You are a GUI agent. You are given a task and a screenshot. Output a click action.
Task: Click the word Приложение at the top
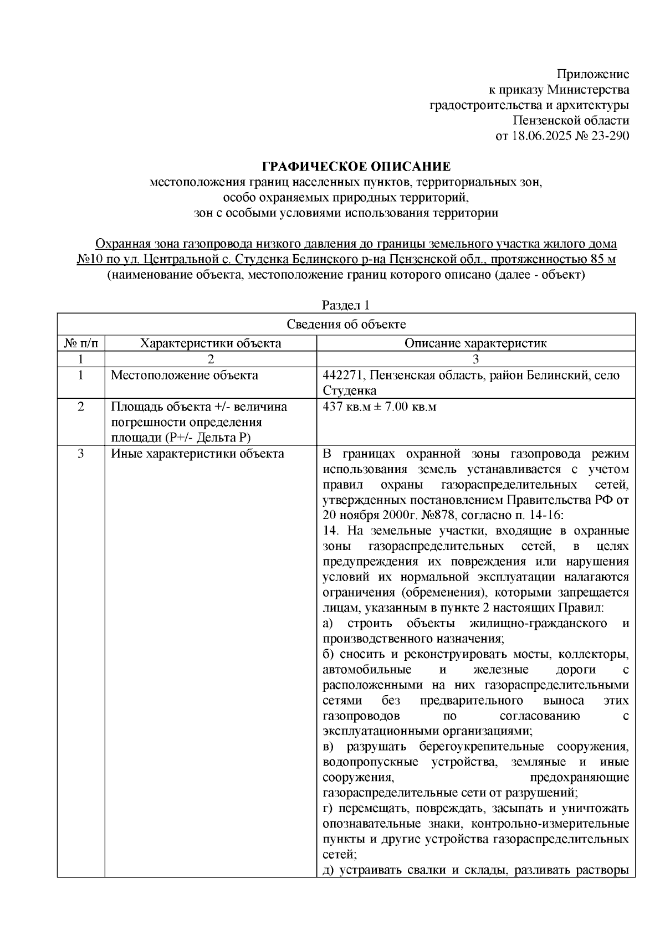(592, 74)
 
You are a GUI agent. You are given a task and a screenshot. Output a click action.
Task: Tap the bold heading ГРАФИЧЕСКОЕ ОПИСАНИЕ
(356, 166)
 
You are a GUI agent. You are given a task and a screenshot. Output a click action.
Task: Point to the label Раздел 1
(346, 305)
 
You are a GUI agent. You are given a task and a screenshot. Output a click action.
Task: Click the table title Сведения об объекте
(346, 325)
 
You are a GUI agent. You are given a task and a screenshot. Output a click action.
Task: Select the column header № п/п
(81, 343)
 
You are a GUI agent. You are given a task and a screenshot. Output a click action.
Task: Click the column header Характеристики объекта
(211, 343)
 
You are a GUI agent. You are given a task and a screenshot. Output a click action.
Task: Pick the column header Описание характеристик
(475, 343)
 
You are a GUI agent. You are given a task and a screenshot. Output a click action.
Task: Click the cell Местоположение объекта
(185, 376)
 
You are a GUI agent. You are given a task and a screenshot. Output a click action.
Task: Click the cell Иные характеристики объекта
(198, 454)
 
